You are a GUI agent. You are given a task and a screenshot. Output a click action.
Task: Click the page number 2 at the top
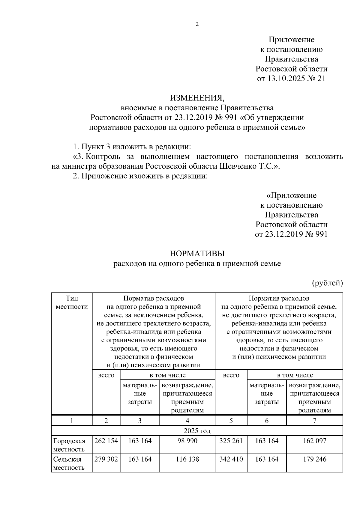[197, 25]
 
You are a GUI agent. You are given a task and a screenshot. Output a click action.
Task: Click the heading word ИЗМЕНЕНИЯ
[197, 98]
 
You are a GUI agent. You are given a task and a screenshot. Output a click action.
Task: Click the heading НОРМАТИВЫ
[197, 254]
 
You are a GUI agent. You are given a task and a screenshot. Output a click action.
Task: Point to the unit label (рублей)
[327, 283]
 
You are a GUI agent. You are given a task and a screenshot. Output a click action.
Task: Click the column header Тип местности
[72, 302]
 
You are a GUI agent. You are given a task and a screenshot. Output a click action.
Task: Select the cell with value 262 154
[106, 441]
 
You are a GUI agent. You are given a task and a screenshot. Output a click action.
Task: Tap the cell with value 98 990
[187, 441]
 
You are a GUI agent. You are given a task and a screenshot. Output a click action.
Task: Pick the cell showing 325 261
[231, 441]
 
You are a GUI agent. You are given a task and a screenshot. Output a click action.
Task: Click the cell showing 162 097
[314, 441]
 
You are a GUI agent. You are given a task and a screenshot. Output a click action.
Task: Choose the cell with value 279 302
[106, 459]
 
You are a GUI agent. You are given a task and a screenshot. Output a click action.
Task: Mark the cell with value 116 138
[187, 459]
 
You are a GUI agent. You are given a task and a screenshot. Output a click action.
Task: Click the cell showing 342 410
[231, 459]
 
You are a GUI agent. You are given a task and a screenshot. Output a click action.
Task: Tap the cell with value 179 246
[314, 459]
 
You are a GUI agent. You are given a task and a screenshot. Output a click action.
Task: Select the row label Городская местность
[69, 445]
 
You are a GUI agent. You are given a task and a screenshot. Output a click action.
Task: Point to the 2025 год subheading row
[197, 431]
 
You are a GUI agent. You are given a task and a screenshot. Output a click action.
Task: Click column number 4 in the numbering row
[187, 421]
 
